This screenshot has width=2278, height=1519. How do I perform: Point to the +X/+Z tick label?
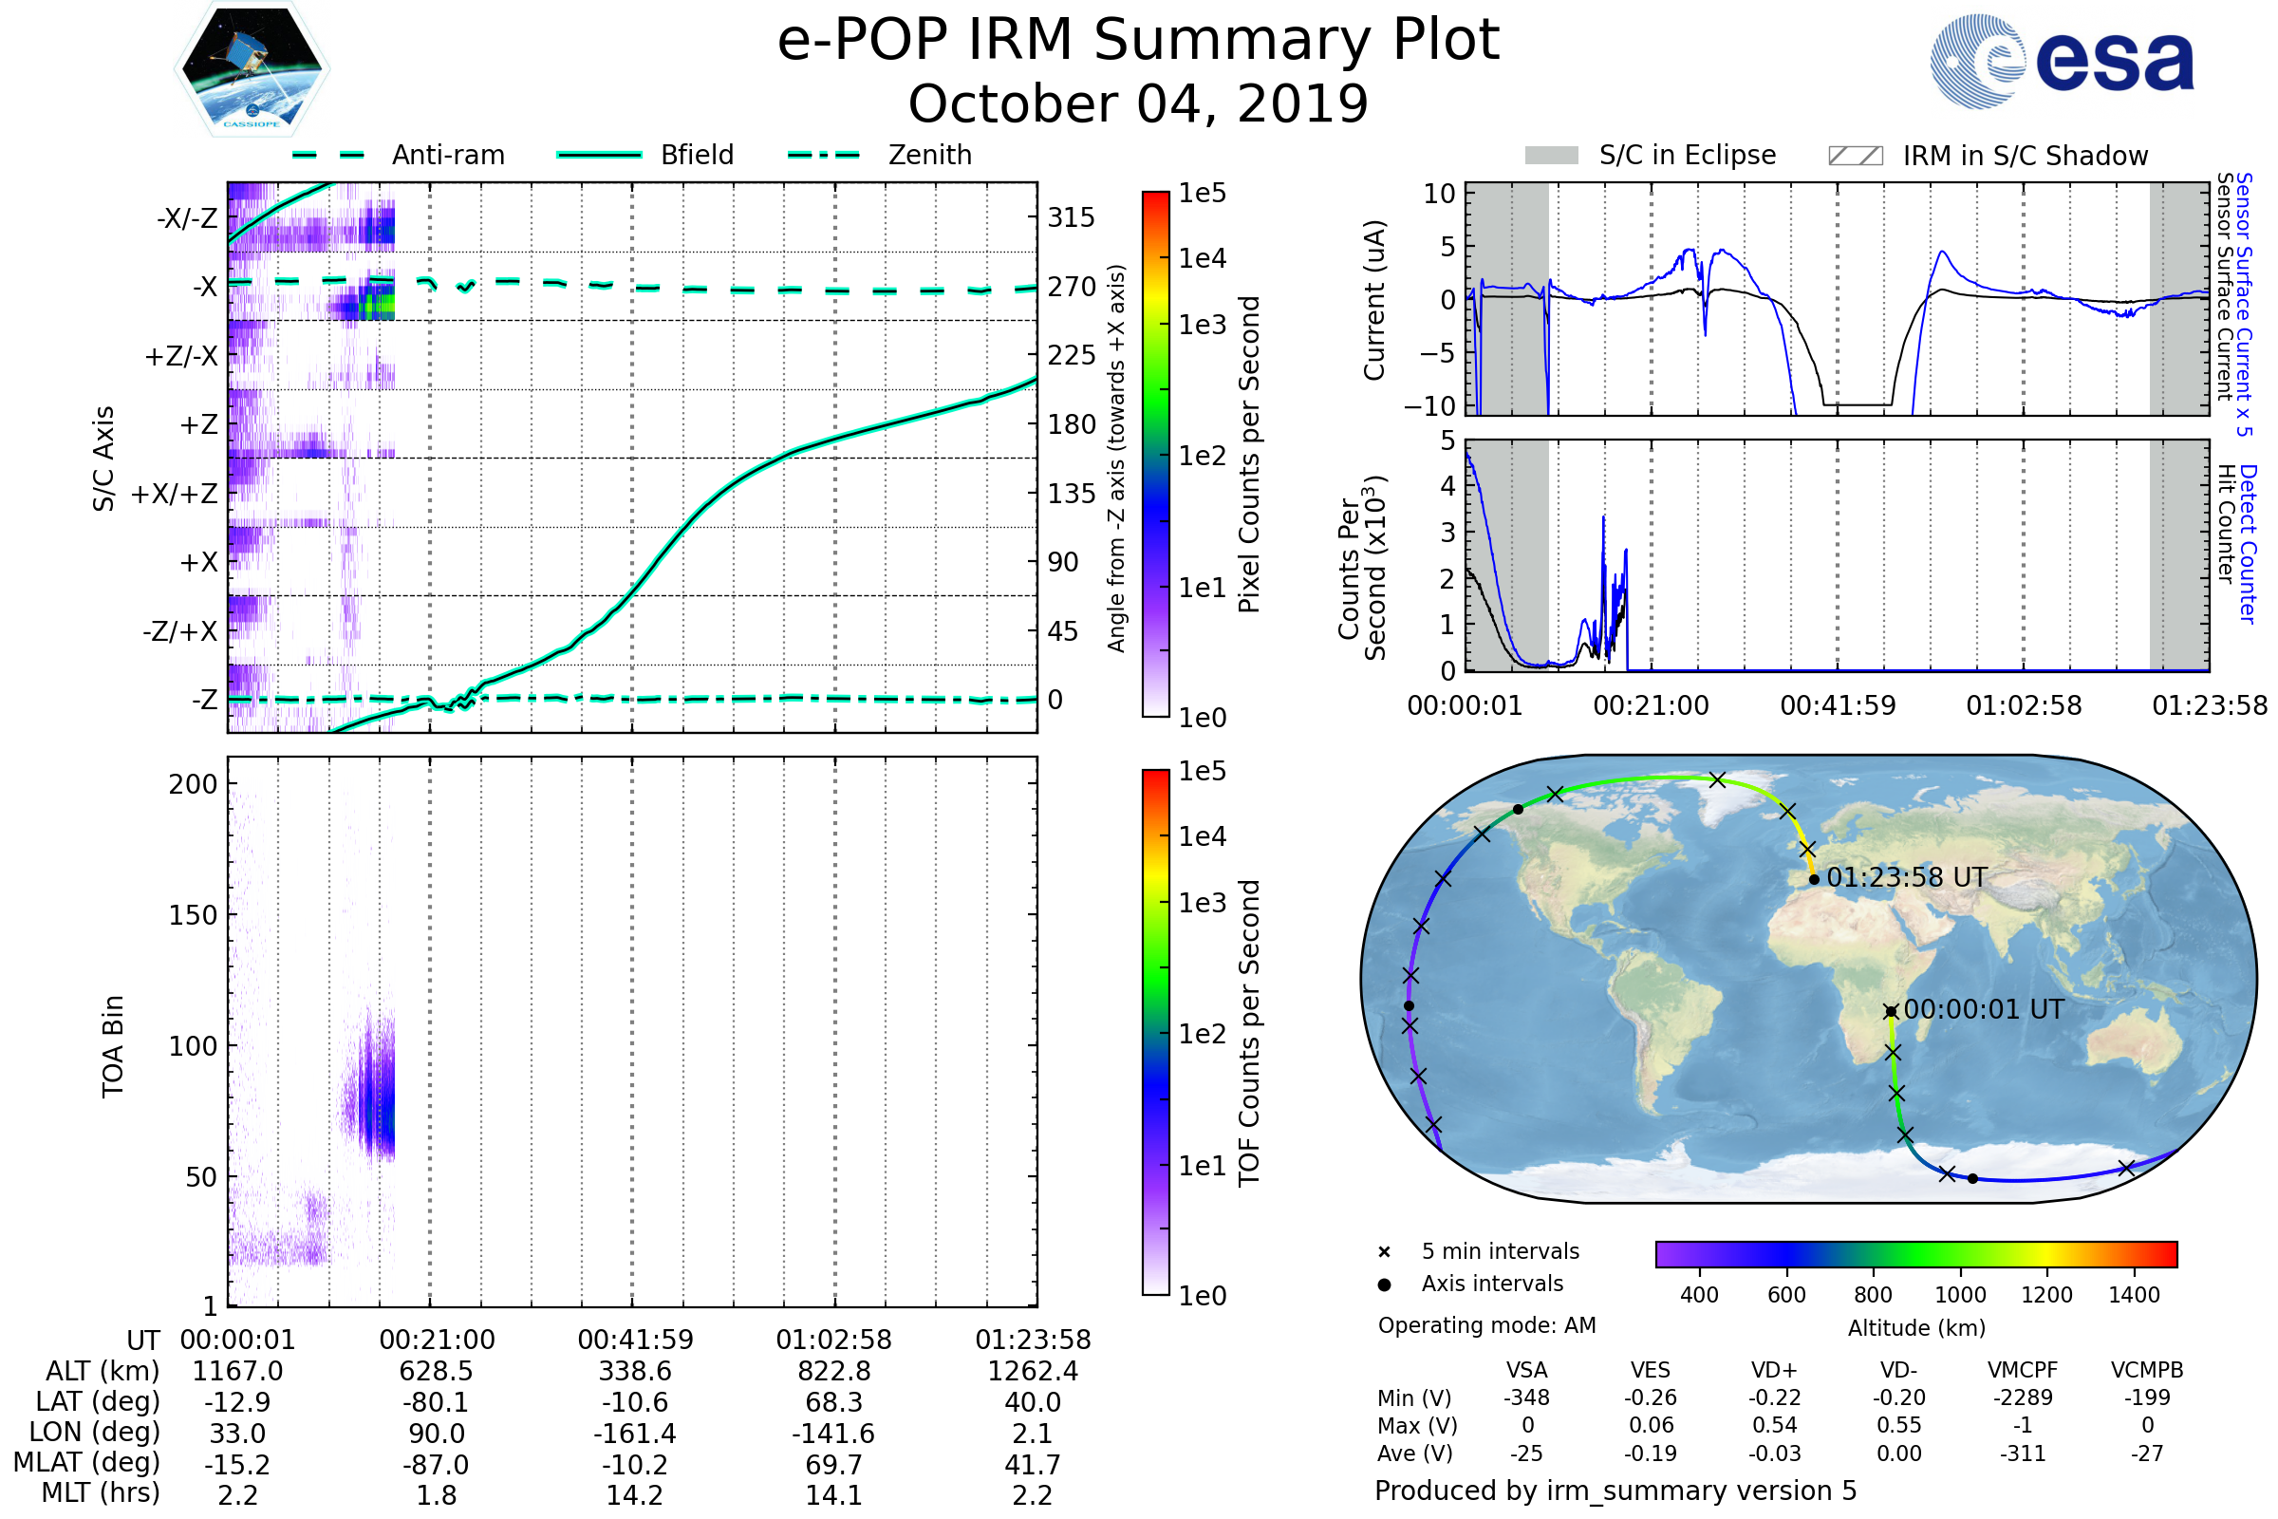(175, 494)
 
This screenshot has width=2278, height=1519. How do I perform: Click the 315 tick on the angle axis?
(1071, 217)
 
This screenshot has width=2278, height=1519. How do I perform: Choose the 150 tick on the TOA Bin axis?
(193, 915)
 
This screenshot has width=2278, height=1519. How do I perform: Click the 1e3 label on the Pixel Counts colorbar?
(1202, 326)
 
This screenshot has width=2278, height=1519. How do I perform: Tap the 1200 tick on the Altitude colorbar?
(2046, 1295)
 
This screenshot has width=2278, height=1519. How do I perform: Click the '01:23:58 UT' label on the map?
(1906, 877)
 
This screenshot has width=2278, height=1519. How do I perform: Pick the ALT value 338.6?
(634, 1372)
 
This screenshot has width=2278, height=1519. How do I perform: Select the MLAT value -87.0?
(436, 1465)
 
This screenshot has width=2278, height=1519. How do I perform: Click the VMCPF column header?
(2023, 1370)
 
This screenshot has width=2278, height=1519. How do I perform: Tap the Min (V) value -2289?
(2023, 1397)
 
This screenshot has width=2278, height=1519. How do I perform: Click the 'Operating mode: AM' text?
(1486, 1325)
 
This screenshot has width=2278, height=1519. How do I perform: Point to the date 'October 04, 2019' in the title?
(1138, 103)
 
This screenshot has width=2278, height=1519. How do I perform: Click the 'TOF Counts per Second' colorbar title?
(1249, 1033)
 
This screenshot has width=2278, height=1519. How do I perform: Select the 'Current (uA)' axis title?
(1374, 300)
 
